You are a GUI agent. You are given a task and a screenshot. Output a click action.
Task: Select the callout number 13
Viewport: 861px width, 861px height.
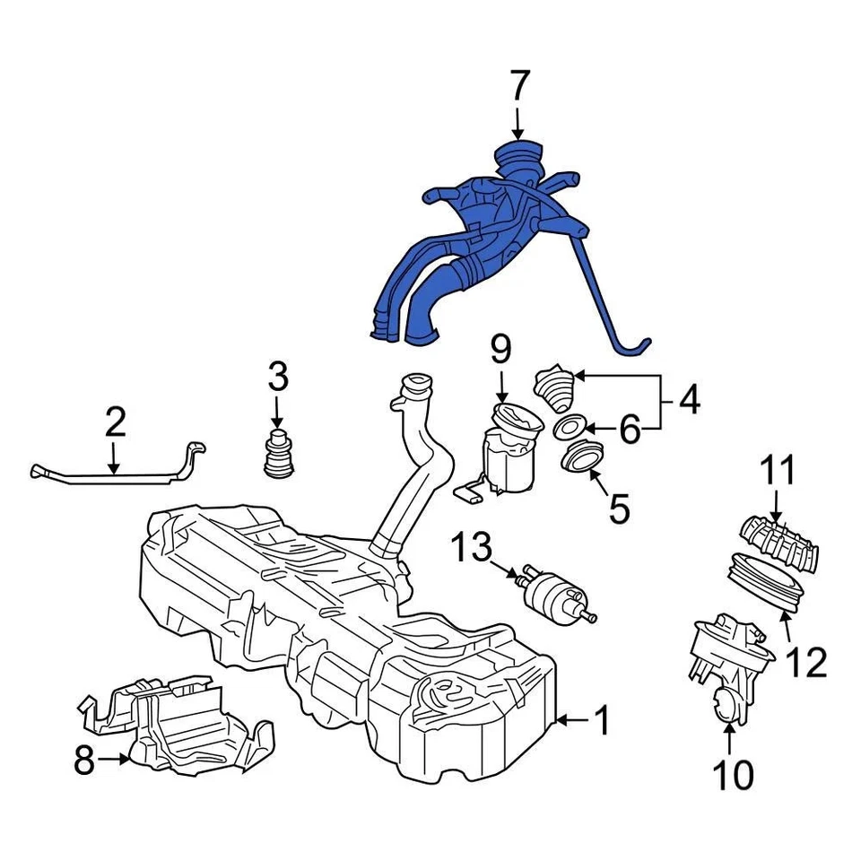472,547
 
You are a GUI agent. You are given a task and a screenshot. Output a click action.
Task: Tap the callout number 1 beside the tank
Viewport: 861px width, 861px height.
603,720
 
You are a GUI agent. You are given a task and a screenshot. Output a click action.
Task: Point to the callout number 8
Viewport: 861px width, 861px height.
84,761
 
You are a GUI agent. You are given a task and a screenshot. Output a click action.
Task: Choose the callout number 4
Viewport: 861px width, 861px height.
688,401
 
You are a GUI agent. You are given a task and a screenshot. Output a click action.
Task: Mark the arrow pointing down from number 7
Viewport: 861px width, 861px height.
519,124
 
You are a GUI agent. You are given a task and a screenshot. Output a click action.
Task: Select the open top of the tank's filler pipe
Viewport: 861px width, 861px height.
415,388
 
